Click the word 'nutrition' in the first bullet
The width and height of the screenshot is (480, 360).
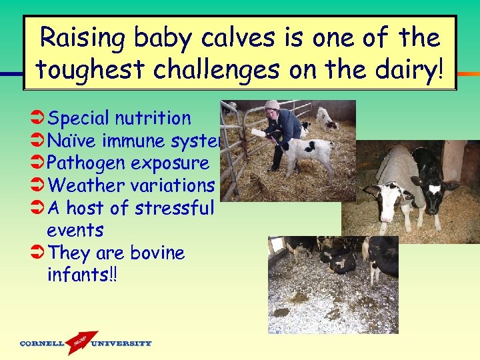153,119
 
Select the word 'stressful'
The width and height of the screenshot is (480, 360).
175,208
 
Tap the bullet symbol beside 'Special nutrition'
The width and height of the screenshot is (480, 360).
38,119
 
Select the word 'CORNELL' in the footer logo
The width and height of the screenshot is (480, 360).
42,344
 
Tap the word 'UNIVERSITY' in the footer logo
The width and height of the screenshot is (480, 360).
121,344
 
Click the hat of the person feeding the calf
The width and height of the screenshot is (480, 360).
272,105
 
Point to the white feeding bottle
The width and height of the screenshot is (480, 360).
259,134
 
